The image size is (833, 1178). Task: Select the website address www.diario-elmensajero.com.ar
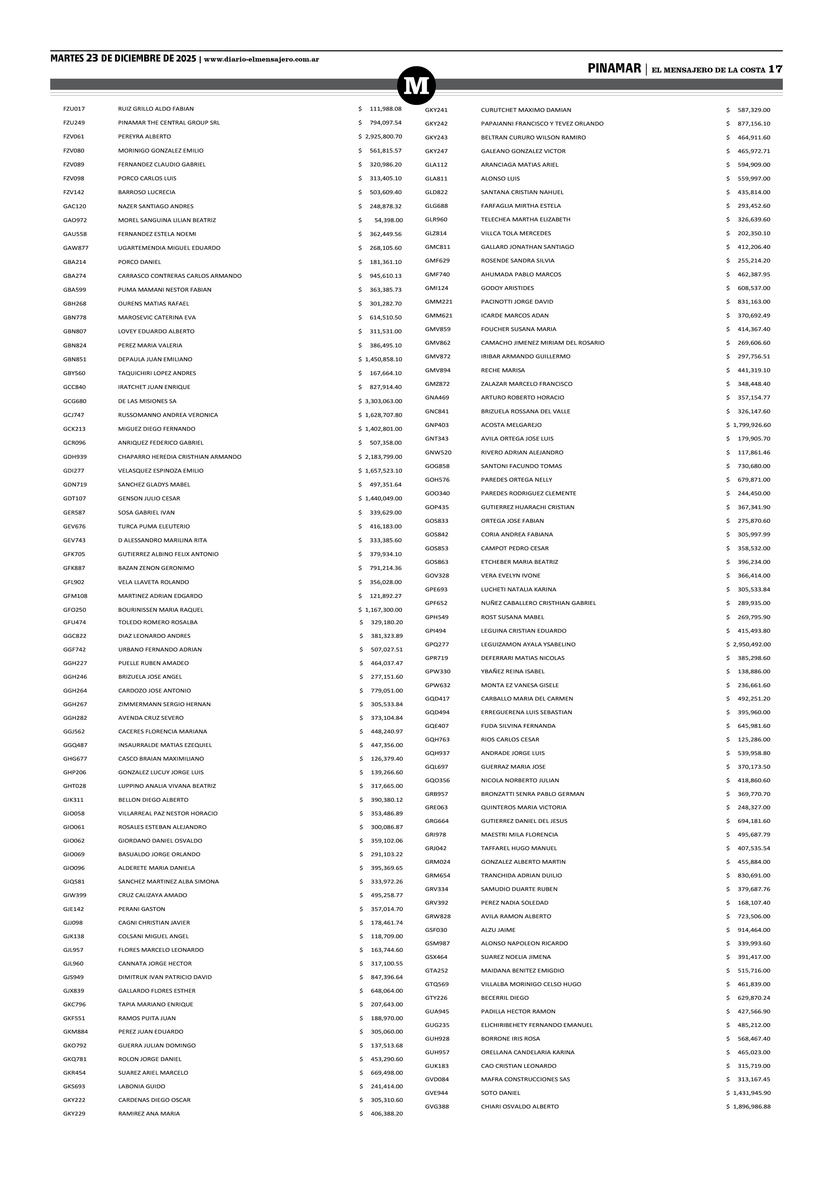pos(262,60)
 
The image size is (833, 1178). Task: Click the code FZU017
pos(74,109)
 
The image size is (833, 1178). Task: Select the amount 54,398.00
pos(388,220)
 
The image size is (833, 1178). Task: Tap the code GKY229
pos(74,1113)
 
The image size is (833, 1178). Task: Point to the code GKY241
pos(437,110)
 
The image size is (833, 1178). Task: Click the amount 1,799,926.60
pos(752,425)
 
